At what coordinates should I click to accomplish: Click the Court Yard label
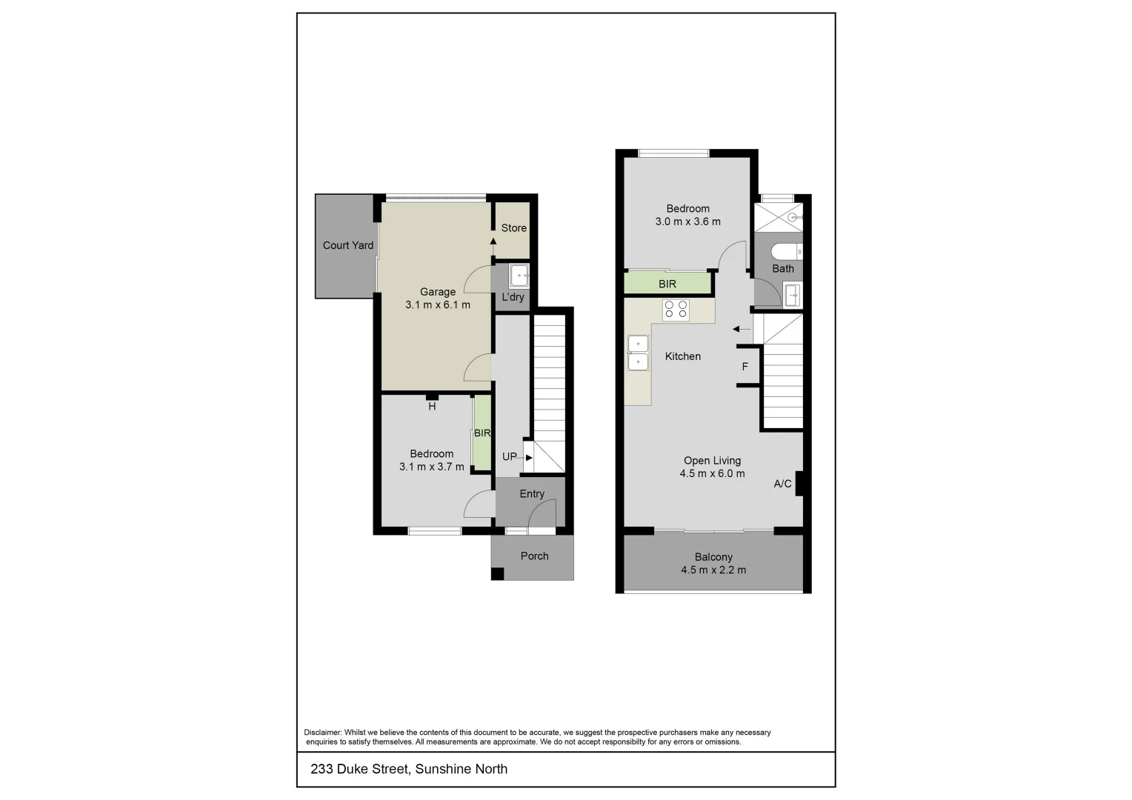[x=347, y=245]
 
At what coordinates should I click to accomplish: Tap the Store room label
[x=513, y=228]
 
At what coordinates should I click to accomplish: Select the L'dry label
[x=513, y=297]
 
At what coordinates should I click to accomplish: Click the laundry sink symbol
[x=519, y=276]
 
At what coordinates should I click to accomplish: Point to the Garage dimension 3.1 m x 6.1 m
[x=437, y=304]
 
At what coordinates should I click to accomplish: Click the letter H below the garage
[x=432, y=406]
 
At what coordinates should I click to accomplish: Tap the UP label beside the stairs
[x=510, y=456]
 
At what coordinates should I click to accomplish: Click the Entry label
[x=532, y=494]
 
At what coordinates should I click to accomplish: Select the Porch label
[x=534, y=556]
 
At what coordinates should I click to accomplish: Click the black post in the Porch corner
[x=498, y=573]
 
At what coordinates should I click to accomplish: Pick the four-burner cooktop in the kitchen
[x=676, y=309]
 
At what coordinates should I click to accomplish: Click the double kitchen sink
[x=637, y=353]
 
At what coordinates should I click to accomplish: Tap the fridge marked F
[x=745, y=367]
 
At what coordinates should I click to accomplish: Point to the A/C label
[x=782, y=484]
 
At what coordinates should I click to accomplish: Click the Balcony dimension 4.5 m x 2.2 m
[x=713, y=570]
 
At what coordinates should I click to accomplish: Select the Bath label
[x=783, y=269]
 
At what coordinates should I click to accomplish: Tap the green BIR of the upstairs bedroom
[x=667, y=284]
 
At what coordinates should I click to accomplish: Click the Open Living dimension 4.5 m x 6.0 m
[x=712, y=474]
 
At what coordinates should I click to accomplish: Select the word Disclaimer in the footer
[x=323, y=733]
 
